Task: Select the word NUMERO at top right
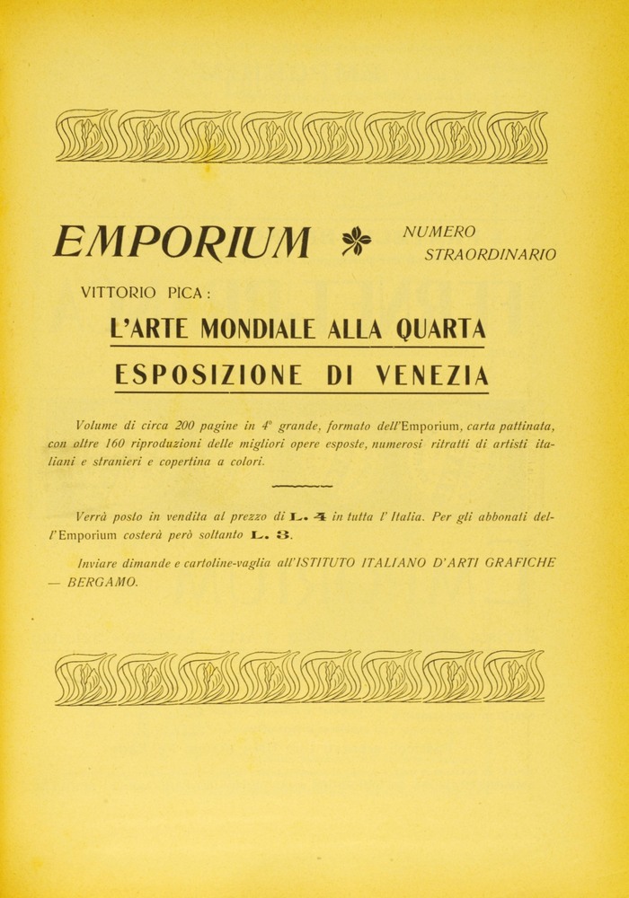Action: point(439,233)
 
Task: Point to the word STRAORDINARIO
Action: point(490,255)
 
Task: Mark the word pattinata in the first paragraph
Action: point(522,425)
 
